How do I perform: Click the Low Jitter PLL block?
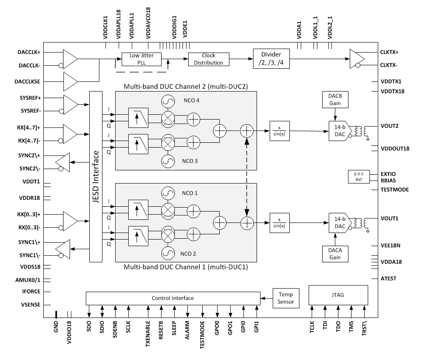(141, 59)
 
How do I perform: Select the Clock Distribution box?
(208, 59)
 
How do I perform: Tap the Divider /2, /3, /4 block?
(271, 59)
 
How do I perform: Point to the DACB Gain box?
(335, 100)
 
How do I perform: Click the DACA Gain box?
(335, 254)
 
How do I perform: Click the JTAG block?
(338, 295)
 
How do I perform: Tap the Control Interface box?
(172, 298)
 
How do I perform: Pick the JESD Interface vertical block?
(95, 177)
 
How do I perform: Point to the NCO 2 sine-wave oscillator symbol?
(167, 254)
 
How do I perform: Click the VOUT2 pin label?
(390, 126)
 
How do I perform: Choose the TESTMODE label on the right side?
(395, 190)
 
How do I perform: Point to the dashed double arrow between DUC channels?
(247, 177)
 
